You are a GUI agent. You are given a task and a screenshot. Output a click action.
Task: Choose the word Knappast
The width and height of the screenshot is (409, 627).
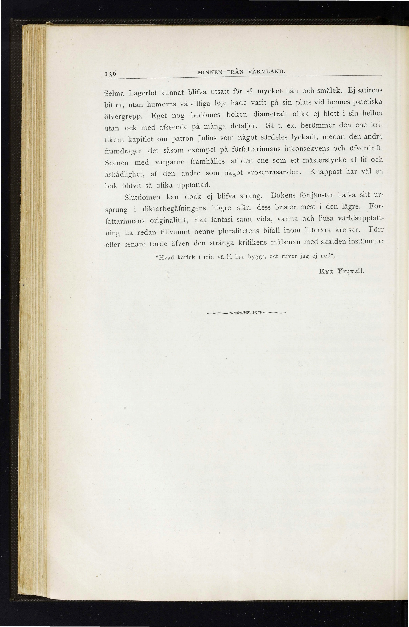(x=325, y=172)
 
